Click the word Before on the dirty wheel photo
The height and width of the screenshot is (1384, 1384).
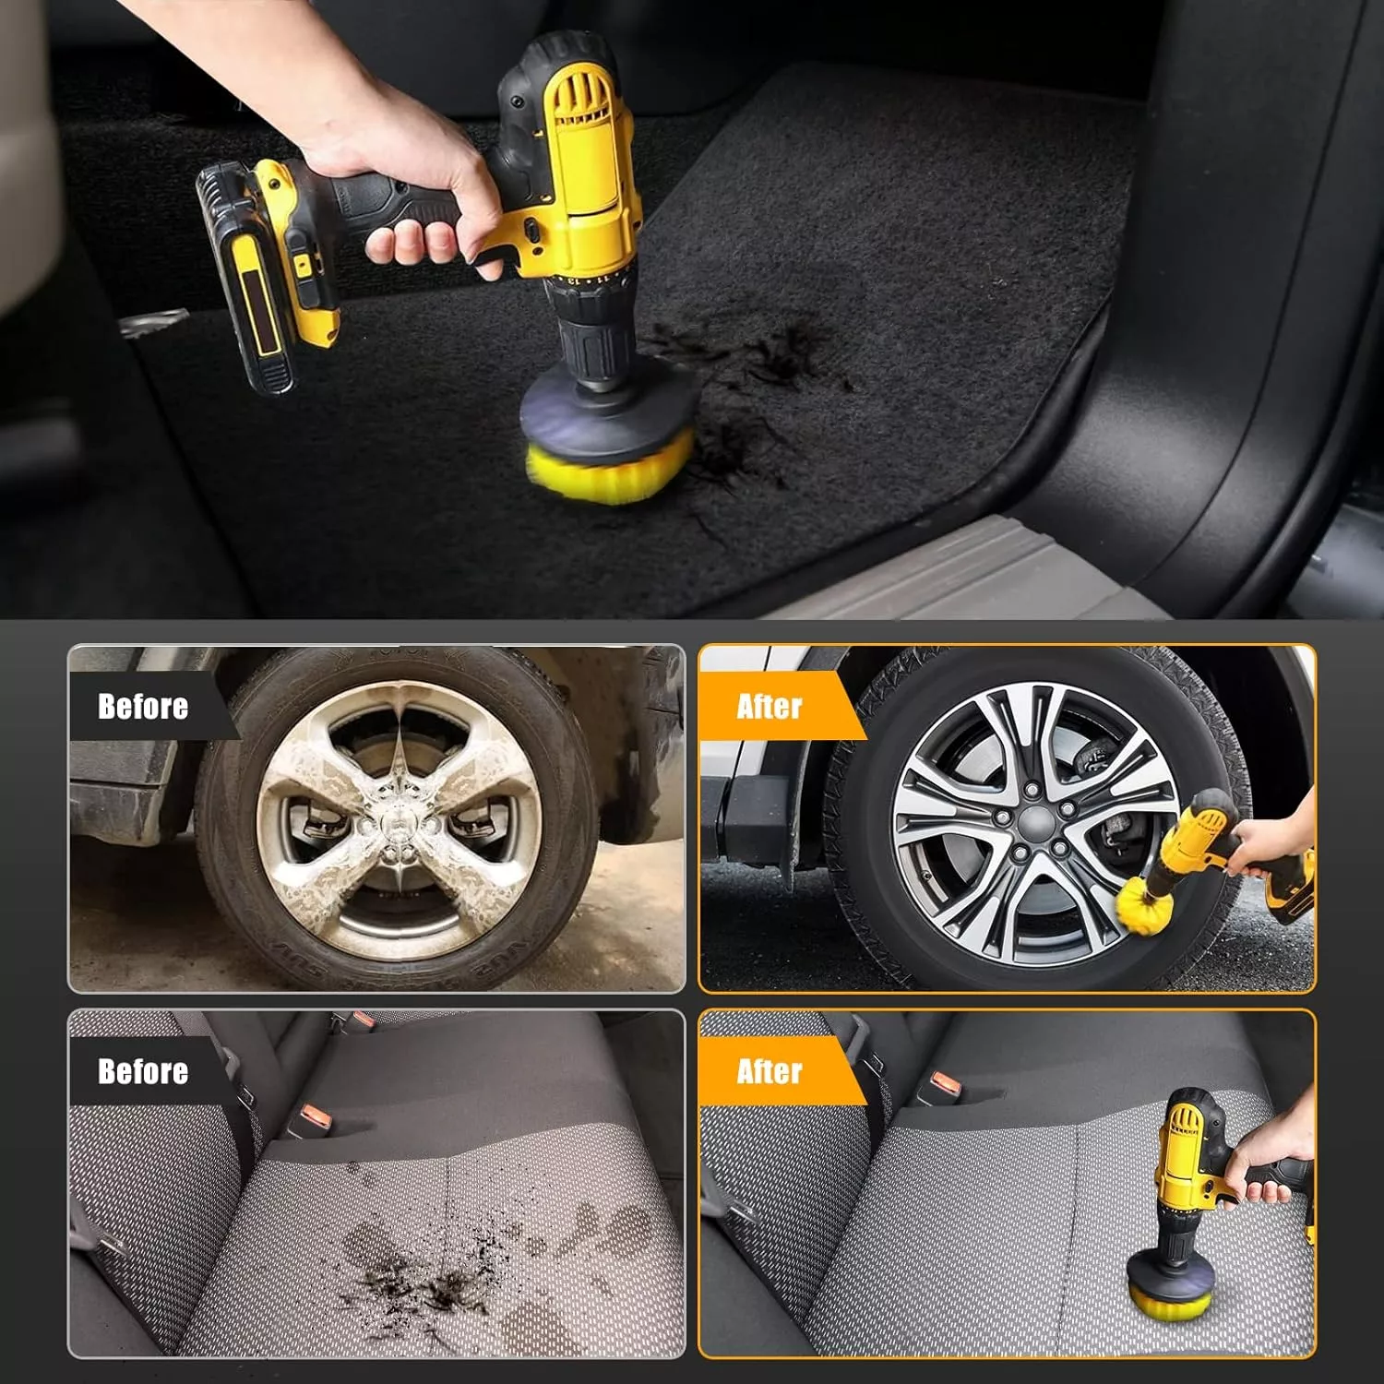point(143,707)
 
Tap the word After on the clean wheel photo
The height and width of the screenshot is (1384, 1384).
point(770,707)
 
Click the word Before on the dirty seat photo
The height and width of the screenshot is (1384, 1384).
point(143,1071)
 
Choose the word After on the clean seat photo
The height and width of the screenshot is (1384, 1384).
point(770,1071)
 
